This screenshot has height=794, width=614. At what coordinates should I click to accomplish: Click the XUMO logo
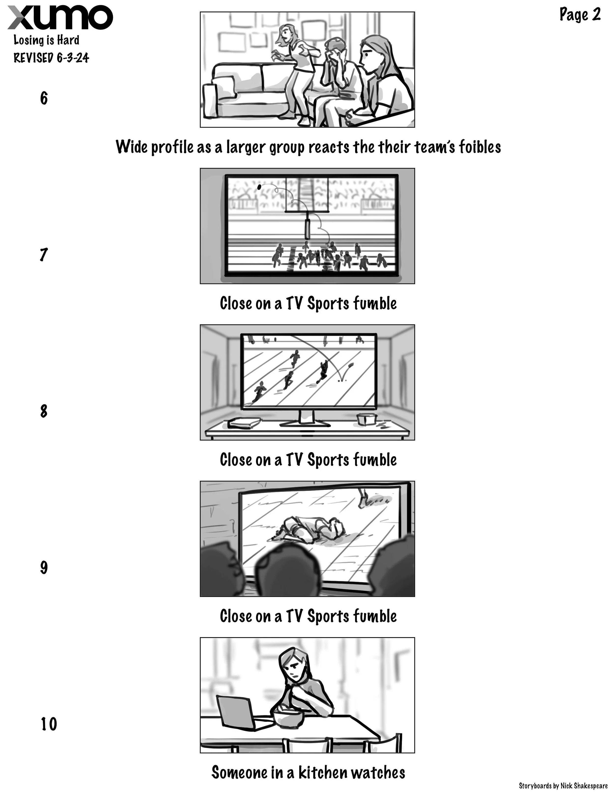60,17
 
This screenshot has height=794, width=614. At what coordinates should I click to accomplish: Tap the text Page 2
580,14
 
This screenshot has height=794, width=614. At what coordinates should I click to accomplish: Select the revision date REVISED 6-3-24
51,57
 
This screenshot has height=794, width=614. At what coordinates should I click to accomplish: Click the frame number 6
44,98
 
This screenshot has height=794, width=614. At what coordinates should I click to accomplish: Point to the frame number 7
44,255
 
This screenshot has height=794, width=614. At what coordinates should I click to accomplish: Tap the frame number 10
48,724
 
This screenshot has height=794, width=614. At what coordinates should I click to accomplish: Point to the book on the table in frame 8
244,423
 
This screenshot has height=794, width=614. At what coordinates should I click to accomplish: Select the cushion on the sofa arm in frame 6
209,100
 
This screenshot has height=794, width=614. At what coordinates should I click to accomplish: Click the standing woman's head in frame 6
286,33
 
